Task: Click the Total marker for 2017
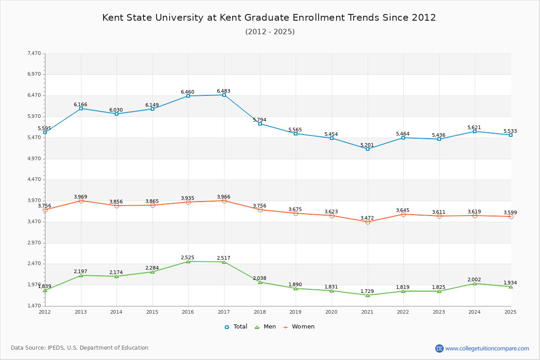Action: coord(224,95)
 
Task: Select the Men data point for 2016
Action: coord(188,261)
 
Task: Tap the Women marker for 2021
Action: coord(368,222)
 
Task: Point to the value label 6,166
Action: coord(81,104)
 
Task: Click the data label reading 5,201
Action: coord(367,145)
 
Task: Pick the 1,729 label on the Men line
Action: coord(367,291)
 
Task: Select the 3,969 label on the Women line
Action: coord(81,197)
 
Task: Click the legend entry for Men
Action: coord(265,327)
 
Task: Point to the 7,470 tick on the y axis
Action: coord(34,53)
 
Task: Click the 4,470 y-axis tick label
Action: coord(34,180)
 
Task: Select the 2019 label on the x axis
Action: coord(295,311)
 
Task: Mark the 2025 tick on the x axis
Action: coord(510,311)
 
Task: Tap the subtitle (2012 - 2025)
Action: coord(270,31)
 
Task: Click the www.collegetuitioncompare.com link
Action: coord(487,348)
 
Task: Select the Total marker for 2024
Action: coord(475,131)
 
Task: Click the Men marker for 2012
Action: coord(45,291)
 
